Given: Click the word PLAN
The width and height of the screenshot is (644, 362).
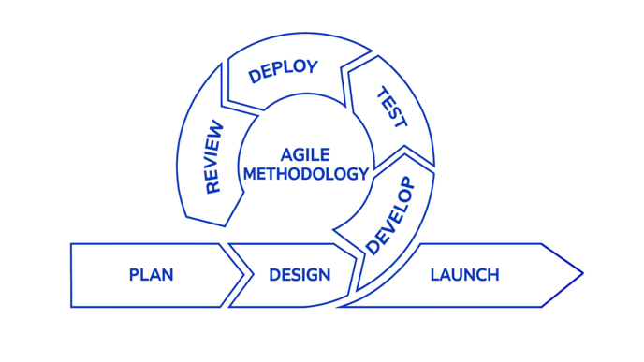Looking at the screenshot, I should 151,275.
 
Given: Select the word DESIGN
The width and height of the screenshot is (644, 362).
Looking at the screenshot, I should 300,275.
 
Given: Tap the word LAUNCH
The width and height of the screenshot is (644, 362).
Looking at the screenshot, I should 464,275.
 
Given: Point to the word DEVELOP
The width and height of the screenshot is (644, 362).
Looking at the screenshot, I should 388,215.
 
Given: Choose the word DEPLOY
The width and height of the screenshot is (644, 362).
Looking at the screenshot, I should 284,71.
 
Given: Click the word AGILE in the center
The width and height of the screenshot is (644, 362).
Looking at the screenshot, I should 306,153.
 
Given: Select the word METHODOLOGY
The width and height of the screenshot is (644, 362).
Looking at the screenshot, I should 305,173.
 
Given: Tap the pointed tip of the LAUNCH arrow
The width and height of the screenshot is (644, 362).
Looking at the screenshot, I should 582,274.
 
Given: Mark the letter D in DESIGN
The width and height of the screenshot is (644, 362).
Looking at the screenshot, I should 274,275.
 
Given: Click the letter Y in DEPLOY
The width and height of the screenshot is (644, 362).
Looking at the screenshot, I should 313,65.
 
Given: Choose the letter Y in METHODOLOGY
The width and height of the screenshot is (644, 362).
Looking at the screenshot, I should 362,173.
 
